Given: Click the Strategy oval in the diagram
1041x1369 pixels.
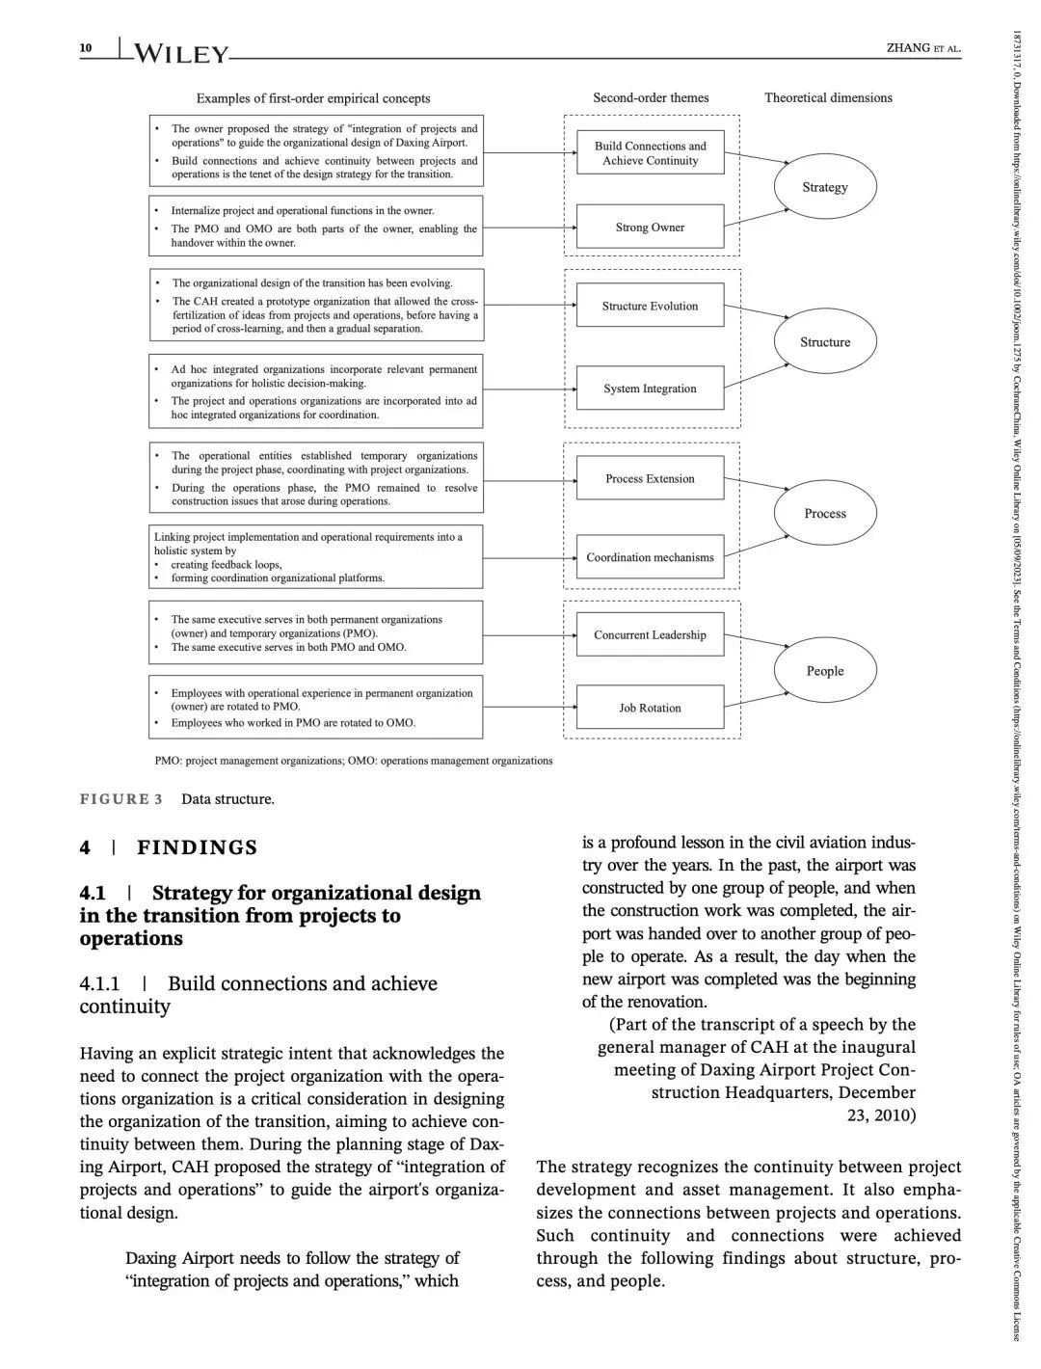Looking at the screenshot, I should (x=825, y=187).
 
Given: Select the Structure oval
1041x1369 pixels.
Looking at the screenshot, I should (x=825, y=342).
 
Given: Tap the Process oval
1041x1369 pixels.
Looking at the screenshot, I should (x=825, y=514).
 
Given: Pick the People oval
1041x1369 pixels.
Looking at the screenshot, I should (x=825, y=671).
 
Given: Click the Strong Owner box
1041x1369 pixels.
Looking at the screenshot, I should (x=650, y=228).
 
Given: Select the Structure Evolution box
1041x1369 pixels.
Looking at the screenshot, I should (x=650, y=307).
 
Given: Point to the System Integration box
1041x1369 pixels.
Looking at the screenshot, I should (x=650, y=389).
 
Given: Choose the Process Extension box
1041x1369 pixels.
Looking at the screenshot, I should (x=650, y=479).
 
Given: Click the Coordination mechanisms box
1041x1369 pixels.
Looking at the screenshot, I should (x=650, y=557).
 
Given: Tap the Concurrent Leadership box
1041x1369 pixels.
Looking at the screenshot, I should (x=650, y=635).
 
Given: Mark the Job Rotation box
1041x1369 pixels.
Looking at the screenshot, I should (x=650, y=708).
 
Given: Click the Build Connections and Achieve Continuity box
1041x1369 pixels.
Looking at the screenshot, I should (x=650, y=153).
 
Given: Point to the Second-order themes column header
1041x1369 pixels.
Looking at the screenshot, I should (x=651, y=97).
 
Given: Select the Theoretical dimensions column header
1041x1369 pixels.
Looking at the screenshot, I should (x=828, y=97).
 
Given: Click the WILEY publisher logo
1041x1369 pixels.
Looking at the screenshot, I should (x=181, y=54).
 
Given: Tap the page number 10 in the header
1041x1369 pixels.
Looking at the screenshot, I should (x=86, y=48).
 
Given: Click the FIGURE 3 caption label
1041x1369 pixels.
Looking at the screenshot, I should (x=120, y=799).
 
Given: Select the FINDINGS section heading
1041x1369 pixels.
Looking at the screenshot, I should (x=197, y=847).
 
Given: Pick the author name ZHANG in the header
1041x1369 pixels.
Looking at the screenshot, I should (x=907, y=48).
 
